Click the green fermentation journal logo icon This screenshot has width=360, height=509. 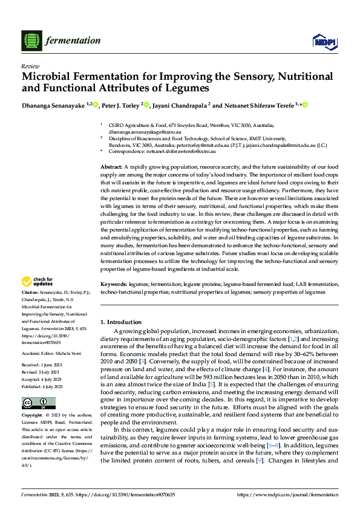(31, 41)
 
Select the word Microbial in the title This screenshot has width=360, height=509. (49, 77)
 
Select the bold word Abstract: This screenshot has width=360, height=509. (111, 166)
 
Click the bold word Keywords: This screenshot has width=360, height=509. (113, 284)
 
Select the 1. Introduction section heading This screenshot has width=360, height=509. (120, 322)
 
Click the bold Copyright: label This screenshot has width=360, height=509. (32, 416)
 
